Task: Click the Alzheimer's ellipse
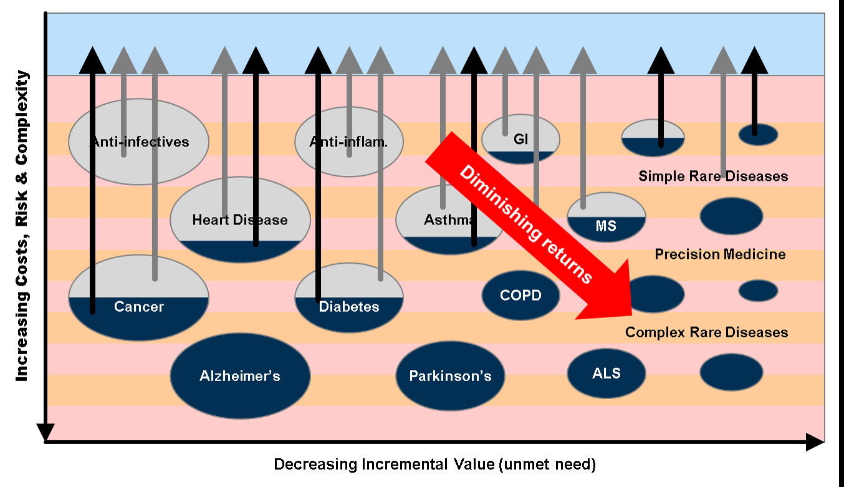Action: point(241,376)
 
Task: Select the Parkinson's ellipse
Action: point(450,376)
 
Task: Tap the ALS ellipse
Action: point(607,373)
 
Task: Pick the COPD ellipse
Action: point(520,295)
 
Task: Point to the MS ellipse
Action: point(607,217)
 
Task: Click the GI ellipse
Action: point(520,139)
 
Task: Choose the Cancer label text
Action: point(139,307)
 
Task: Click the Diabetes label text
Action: point(349,307)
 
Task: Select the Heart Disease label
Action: point(240,219)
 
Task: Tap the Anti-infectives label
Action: point(140,142)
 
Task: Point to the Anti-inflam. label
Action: point(348,142)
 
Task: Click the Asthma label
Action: point(448,219)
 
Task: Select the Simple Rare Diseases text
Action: point(713,176)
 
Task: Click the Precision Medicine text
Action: point(721,254)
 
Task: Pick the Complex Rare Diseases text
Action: point(706,332)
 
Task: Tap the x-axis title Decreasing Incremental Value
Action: point(435,465)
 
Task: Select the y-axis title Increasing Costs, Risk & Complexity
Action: point(22,225)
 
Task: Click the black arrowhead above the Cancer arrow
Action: point(92,60)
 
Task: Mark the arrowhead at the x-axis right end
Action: point(815,442)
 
